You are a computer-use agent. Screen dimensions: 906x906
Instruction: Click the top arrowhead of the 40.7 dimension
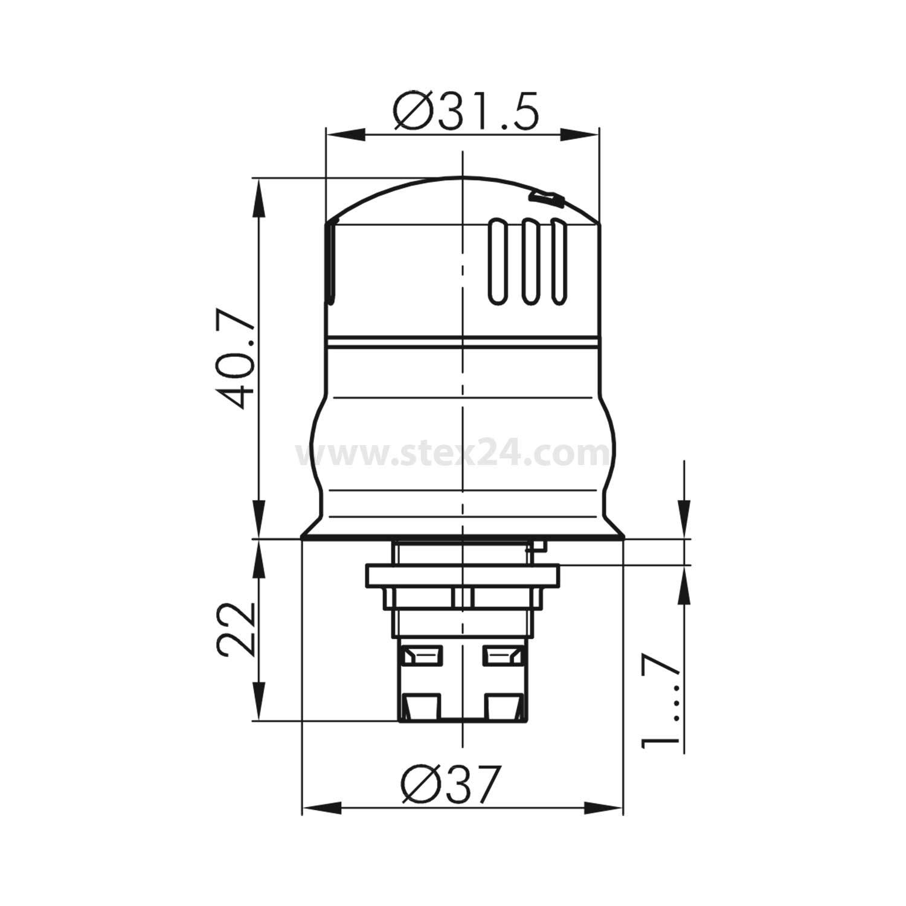pyautogui.click(x=259, y=197)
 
